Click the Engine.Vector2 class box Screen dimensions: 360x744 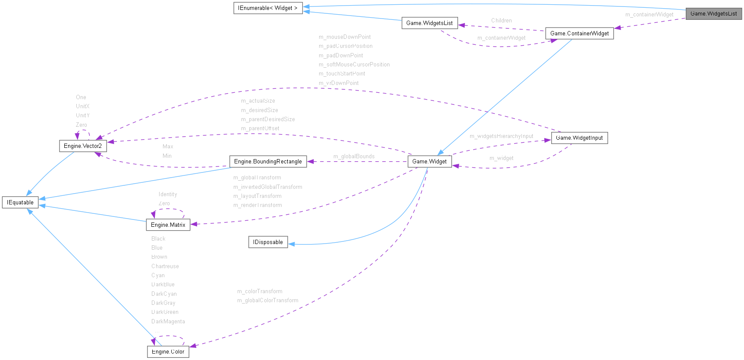(x=82, y=146)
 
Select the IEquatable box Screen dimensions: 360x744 (x=20, y=202)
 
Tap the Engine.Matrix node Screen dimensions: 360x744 (x=168, y=225)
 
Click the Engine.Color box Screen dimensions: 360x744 (x=168, y=351)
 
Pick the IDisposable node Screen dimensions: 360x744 (x=268, y=242)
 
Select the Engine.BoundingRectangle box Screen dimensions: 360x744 (x=268, y=161)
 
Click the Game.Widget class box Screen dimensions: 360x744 (x=429, y=161)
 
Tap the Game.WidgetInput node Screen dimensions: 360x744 (x=579, y=138)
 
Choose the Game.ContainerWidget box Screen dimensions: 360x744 (x=579, y=33)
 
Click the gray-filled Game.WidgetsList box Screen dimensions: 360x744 (x=713, y=14)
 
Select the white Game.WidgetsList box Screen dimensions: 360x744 (x=429, y=23)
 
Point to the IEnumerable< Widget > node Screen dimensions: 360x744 (x=267, y=8)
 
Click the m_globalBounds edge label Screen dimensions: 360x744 (x=354, y=156)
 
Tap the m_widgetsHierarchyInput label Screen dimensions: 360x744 (x=501, y=136)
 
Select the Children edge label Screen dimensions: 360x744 (x=501, y=20)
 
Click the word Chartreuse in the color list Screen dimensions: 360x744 (x=165, y=266)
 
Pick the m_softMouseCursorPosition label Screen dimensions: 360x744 (x=354, y=64)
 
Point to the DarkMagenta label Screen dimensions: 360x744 (x=168, y=321)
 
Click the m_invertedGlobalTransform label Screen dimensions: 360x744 (x=267, y=187)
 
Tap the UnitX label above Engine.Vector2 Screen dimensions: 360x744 (x=82, y=106)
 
